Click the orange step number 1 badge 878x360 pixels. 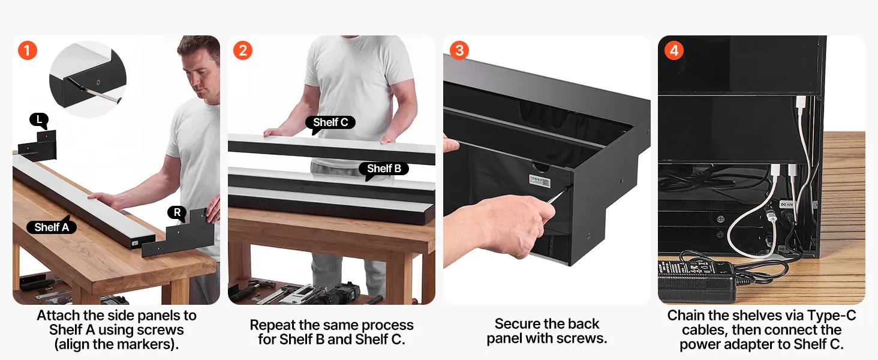(28, 50)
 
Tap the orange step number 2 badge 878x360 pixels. (243, 50)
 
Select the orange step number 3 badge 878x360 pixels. (459, 50)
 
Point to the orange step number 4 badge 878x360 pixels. (674, 50)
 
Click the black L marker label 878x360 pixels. (39, 120)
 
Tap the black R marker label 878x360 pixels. (177, 213)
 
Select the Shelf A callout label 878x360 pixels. (52, 227)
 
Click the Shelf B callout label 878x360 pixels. (384, 169)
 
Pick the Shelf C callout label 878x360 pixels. (330, 123)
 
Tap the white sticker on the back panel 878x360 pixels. (539, 181)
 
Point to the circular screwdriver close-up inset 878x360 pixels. (88, 79)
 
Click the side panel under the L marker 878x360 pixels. (38, 146)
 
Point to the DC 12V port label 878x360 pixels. (786, 205)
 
